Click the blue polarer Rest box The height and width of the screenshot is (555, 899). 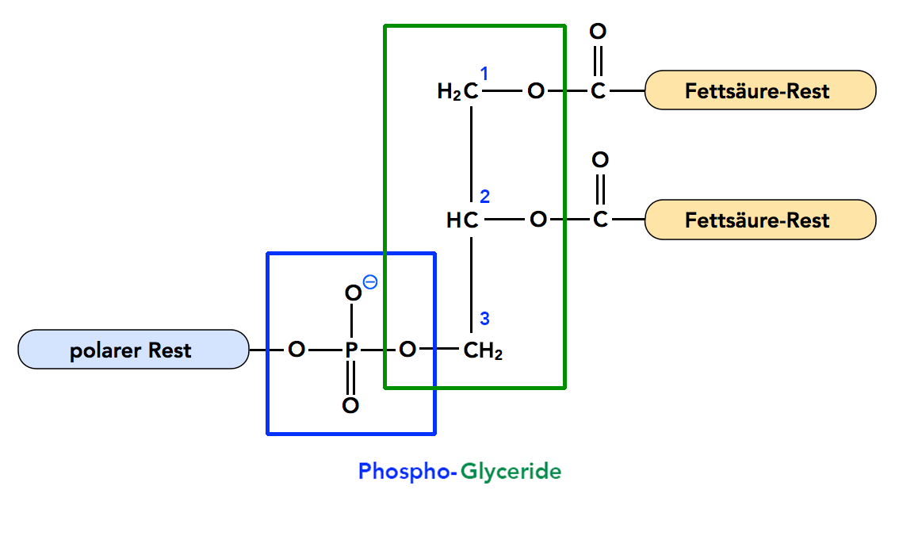pyautogui.click(x=132, y=350)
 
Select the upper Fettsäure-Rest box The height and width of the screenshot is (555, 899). pyautogui.click(x=759, y=91)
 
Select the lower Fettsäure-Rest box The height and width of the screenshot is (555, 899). pyautogui.click(x=759, y=220)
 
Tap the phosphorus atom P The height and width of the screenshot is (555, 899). pyautogui.click(x=351, y=350)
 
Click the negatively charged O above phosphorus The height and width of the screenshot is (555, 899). pyautogui.click(x=352, y=293)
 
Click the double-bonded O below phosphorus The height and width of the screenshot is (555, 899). pyautogui.click(x=350, y=406)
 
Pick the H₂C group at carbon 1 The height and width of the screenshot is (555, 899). pyautogui.click(x=459, y=92)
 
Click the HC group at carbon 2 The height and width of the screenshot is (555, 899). pyautogui.click(x=462, y=220)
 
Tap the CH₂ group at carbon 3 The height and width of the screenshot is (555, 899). pyautogui.click(x=483, y=350)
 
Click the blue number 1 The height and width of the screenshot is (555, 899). pyautogui.click(x=484, y=74)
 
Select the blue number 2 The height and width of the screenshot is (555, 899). pyautogui.click(x=485, y=197)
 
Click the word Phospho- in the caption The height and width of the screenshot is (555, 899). pyautogui.click(x=407, y=472)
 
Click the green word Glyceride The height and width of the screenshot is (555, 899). pyautogui.click(x=511, y=472)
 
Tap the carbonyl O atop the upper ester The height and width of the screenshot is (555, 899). pyautogui.click(x=599, y=32)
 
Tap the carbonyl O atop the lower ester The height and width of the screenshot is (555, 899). pyautogui.click(x=600, y=160)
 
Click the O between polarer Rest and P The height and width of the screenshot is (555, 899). pyautogui.click(x=296, y=350)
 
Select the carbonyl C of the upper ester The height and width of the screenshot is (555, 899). pyautogui.click(x=599, y=92)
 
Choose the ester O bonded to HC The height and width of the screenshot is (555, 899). pyautogui.click(x=537, y=220)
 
